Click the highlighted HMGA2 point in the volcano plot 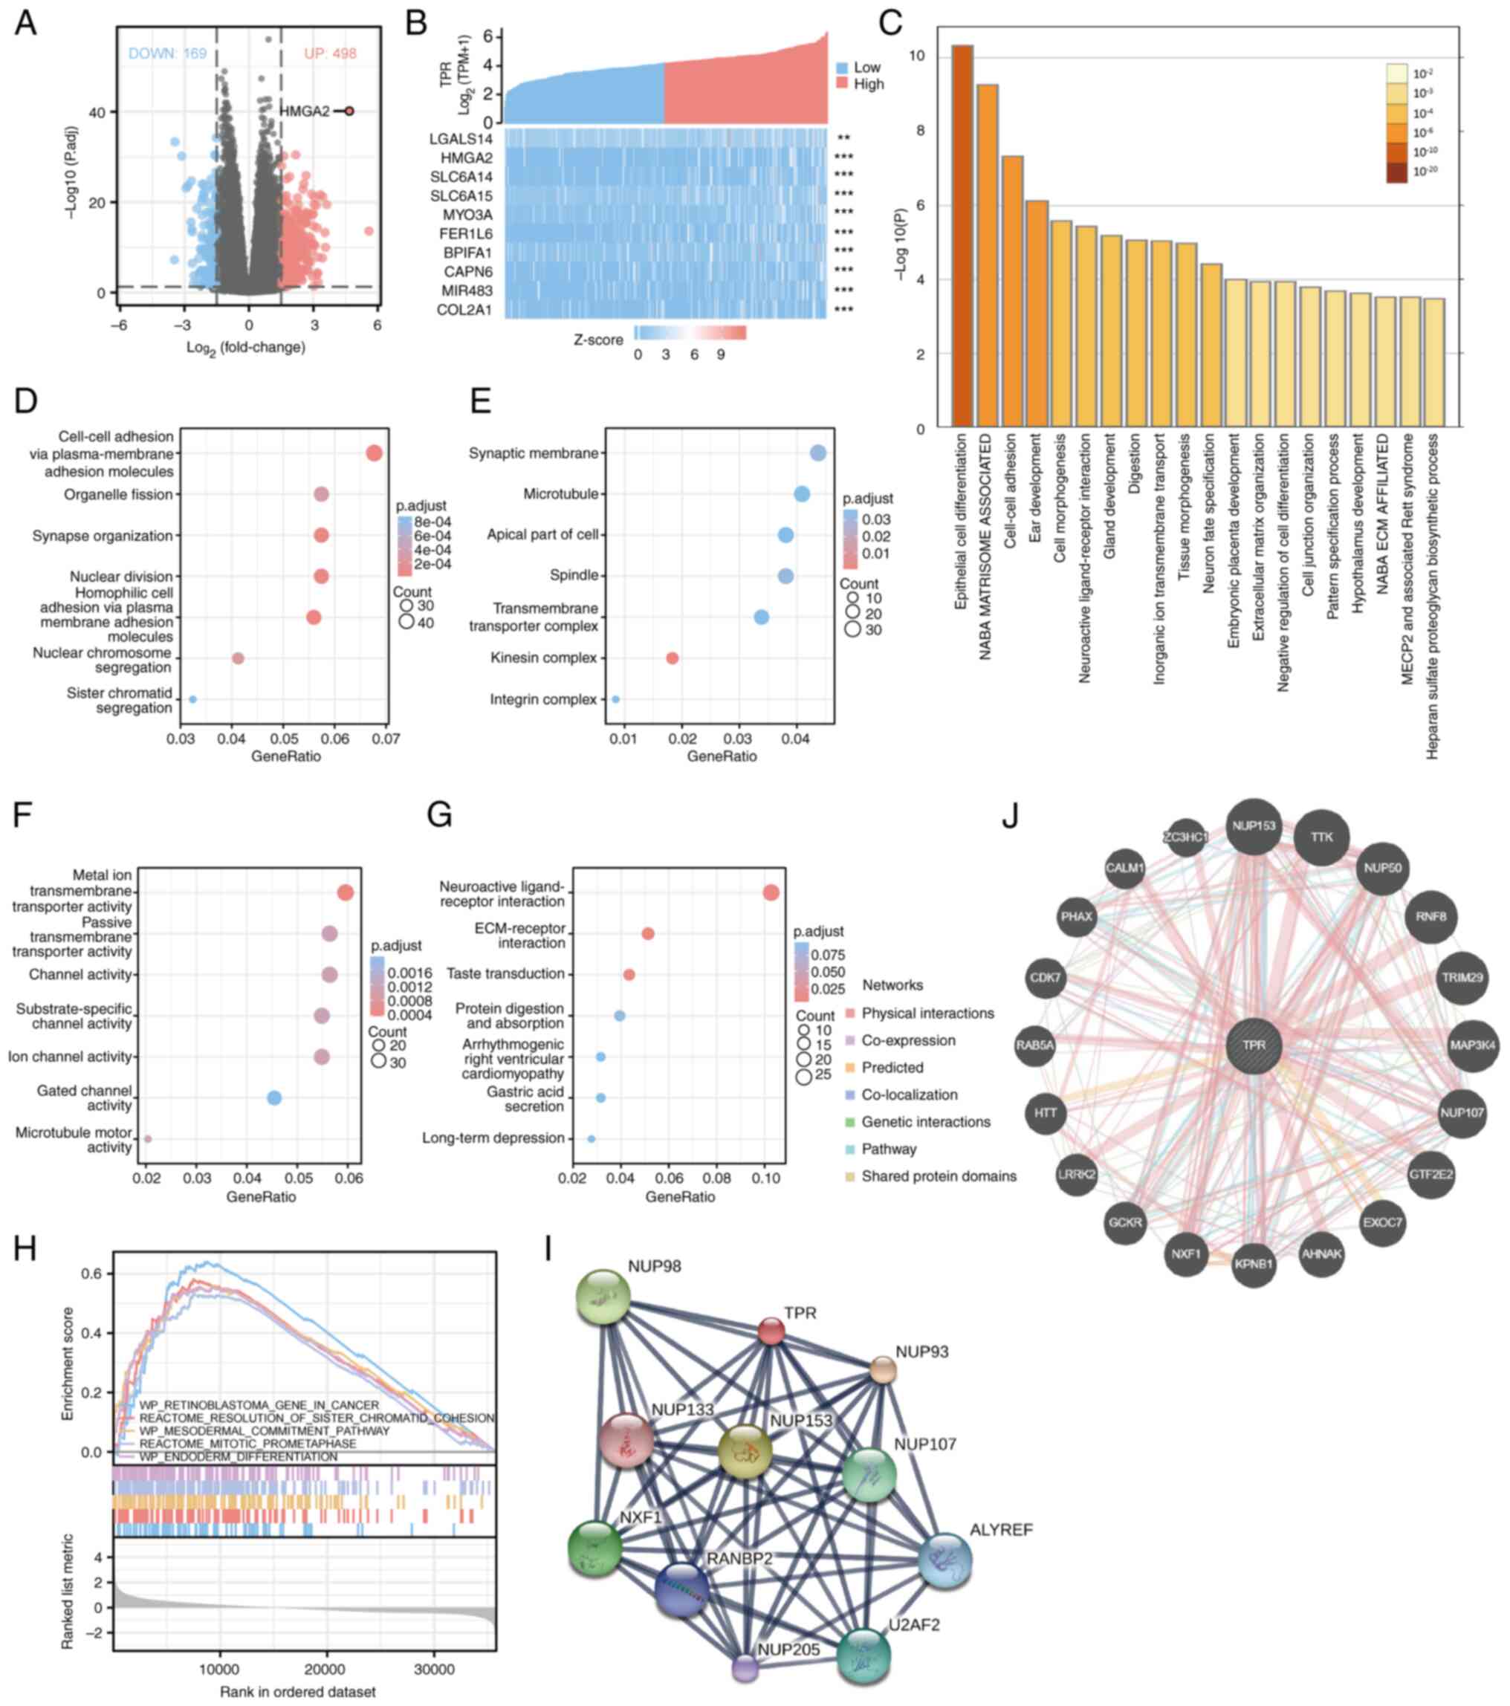pos(349,111)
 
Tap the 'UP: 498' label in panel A pos(330,53)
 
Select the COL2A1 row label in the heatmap pos(465,311)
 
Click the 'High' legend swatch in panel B pos(842,84)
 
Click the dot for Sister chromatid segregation pos(192,699)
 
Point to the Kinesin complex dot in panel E pos(671,658)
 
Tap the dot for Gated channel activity pos(273,1097)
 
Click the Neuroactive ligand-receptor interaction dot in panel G pos(771,893)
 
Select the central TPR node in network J pos(1253,1045)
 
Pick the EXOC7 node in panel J pos(1382,1223)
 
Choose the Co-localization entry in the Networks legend pos(909,1094)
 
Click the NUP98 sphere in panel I pos(603,1296)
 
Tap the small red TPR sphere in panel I pos(771,1331)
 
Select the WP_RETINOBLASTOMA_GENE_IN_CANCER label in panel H pos(259,1404)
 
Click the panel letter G pos(439,814)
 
